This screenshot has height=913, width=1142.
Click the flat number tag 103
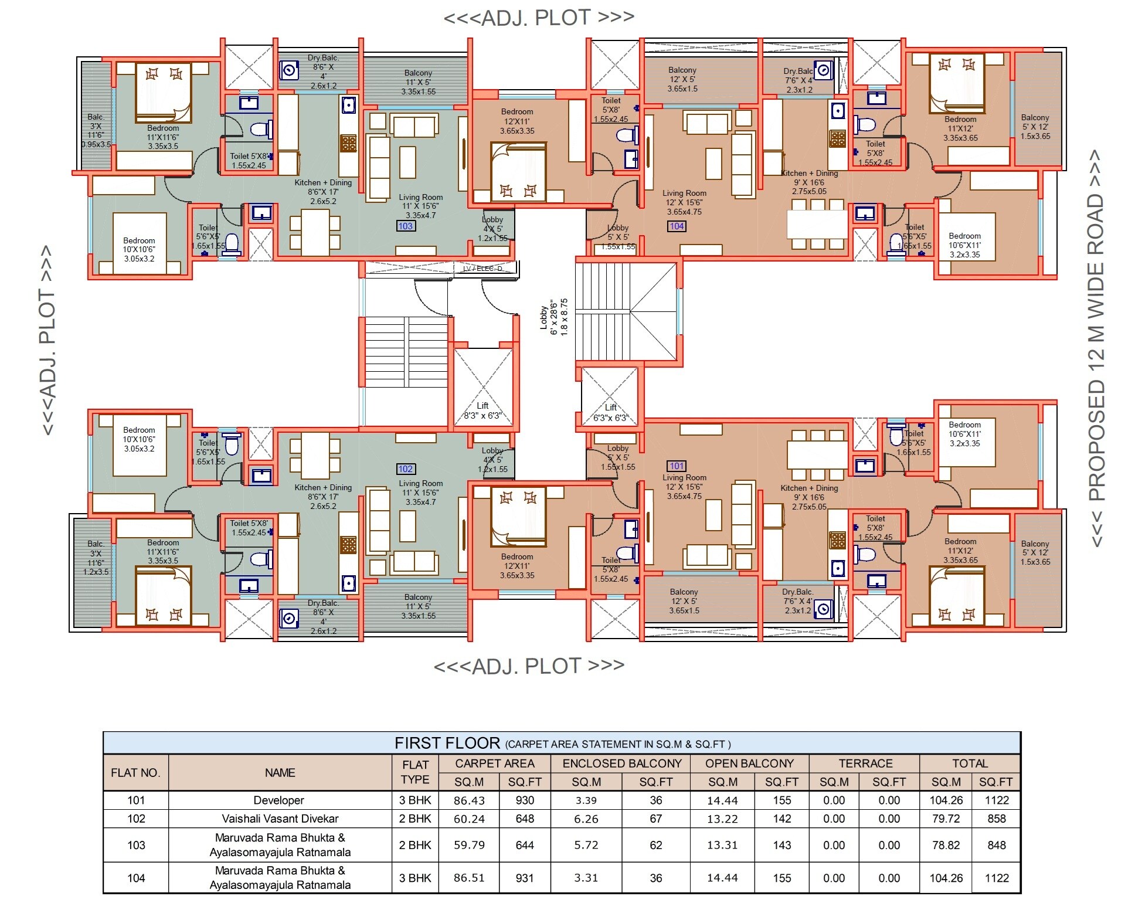click(406, 226)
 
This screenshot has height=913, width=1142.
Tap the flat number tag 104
click(677, 226)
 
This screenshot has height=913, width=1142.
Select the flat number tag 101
click(677, 466)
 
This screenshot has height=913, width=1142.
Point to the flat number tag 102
click(406, 469)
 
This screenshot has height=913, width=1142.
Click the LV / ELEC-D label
click(482, 269)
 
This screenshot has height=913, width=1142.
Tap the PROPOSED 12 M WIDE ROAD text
click(1096, 348)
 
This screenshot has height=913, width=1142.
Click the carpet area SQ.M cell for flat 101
click(469, 800)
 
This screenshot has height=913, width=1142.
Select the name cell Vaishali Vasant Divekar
click(280, 819)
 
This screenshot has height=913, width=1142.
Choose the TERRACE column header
click(865, 763)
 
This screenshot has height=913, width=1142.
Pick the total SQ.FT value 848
click(996, 845)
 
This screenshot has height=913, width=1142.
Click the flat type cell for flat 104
click(415, 878)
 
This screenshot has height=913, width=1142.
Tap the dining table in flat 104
click(817, 224)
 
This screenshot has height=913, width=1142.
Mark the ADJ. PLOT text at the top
click(539, 18)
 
